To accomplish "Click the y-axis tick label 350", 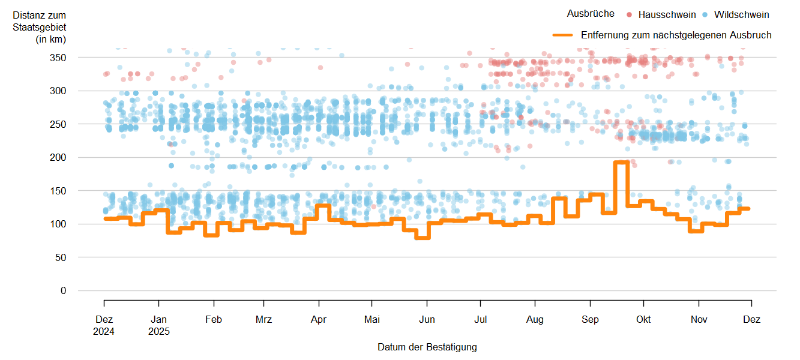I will pos(58,58).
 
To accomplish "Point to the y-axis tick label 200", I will pos(58,157).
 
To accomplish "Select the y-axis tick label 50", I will pos(61,257).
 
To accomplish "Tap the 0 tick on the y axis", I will pos(63,290).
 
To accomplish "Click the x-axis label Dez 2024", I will pos(104,325).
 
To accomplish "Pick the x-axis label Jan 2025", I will pos(159,325).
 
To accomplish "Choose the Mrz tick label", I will pos(263,320).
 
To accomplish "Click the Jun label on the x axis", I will pos(426,320).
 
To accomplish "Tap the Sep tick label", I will pos(590,320).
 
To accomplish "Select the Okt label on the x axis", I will pos(643,320).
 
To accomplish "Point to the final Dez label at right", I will pos(751,320).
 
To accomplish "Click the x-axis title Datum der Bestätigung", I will pos(427,347).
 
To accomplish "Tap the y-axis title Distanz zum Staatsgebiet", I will pos(39,27).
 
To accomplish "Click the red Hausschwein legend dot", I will pos(629,14).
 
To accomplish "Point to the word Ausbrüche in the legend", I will pos(591,14).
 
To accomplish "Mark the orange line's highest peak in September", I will pos(621,162).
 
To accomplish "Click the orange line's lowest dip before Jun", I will pos(423,238).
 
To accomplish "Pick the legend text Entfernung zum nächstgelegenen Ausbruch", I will pos(676,35).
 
